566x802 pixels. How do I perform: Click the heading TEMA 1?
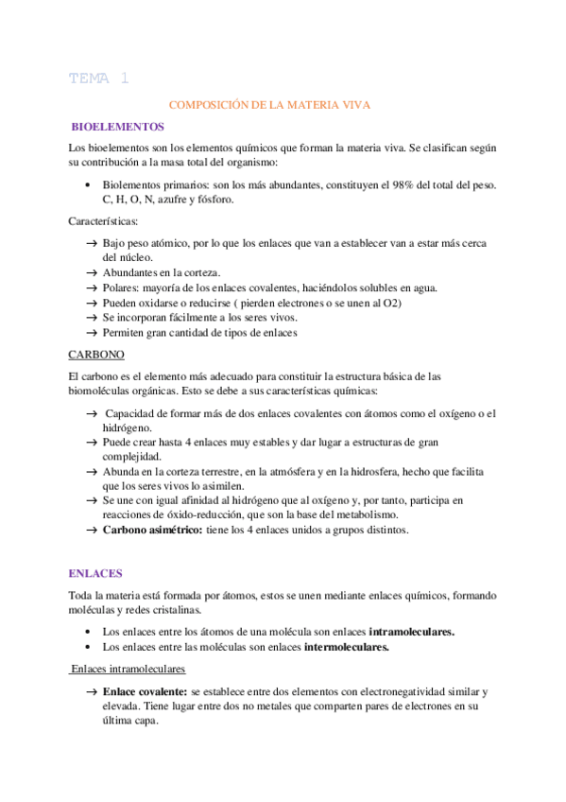tap(98, 78)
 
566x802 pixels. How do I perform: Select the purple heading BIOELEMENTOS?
tap(118, 128)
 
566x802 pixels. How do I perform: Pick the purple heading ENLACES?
tap(96, 573)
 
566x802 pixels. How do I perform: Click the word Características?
tap(103, 221)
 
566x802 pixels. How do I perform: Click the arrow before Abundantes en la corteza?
tap(92, 272)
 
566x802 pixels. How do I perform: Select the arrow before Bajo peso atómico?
tap(92, 243)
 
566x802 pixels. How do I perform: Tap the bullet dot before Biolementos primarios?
tap(88, 185)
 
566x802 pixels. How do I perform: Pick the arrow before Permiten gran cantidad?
tap(92, 333)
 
